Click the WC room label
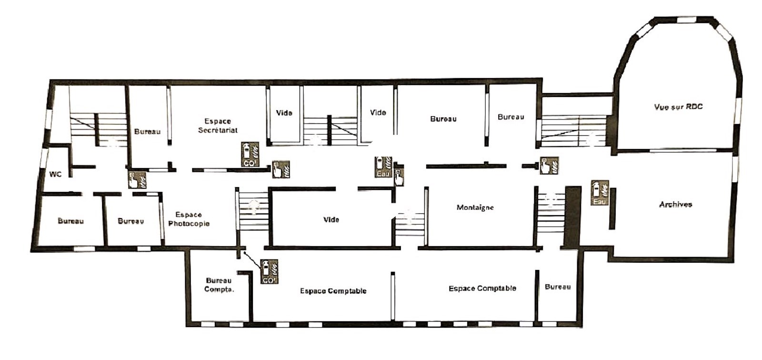click(x=55, y=175)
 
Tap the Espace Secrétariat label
click(x=218, y=126)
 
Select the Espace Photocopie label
click(x=189, y=219)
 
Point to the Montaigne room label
click(x=475, y=207)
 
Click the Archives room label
click(x=676, y=204)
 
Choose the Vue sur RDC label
click(x=678, y=107)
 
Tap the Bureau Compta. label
click(x=219, y=285)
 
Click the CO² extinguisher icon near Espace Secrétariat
click(x=250, y=154)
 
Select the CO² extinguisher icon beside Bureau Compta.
click(x=269, y=271)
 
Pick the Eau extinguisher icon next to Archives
click(x=600, y=192)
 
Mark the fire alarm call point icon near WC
click(x=138, y=180)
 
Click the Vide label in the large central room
click(x=331, y=220)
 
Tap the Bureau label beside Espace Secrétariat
click(x=147, y=131)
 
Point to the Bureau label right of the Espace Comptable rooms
click(x=558, y=287)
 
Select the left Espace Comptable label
click(x=333, y=291)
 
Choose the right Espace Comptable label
click(x=482, y=289)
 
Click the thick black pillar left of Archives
click(x=572, y=216)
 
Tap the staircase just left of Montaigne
click(x=409, y=224)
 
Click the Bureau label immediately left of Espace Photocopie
click(x=131, y=221)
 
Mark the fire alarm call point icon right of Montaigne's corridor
click(x=550, y=165)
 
